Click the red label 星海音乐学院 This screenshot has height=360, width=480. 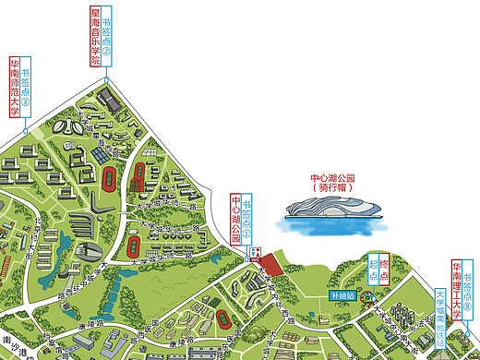pyautogui.click(x=94, y=37)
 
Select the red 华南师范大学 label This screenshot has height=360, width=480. pyautogui.click(x=14, y=89)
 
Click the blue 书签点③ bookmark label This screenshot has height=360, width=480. pyautogui.click(x=25, y=89)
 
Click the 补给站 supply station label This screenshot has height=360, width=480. pyautogui.click(x=343, y=297)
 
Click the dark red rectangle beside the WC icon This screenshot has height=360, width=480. pyautogui.click(x=270, y=264)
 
